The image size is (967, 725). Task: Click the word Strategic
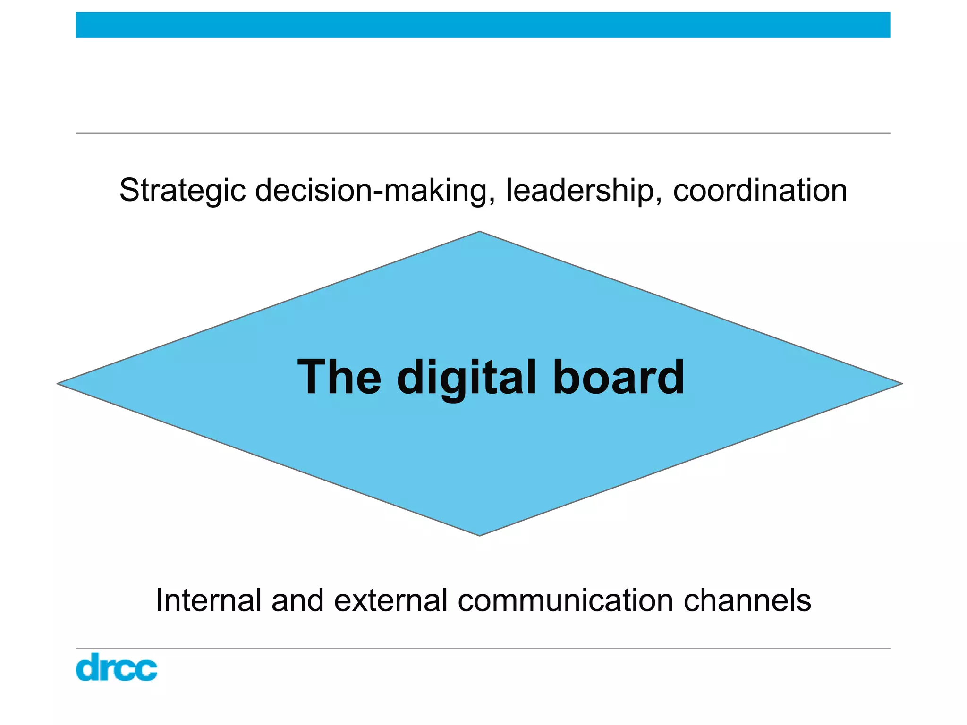(182, 191)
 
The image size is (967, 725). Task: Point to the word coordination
(760, 190)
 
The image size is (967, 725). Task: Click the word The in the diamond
(339, 377)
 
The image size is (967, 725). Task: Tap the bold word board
(619, 377)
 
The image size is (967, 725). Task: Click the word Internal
(208, 600)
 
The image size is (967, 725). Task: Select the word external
(390, 600)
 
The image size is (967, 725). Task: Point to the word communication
(566, 600)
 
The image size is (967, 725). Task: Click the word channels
(747, 600)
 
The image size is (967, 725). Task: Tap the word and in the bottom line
(297, 600)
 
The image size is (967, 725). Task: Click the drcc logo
(116, 667)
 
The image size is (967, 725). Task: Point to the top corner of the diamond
(480, 232)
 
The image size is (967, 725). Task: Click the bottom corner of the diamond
(480, 535)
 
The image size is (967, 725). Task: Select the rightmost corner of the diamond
(901, 384)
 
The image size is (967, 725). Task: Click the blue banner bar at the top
(483, 25)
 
